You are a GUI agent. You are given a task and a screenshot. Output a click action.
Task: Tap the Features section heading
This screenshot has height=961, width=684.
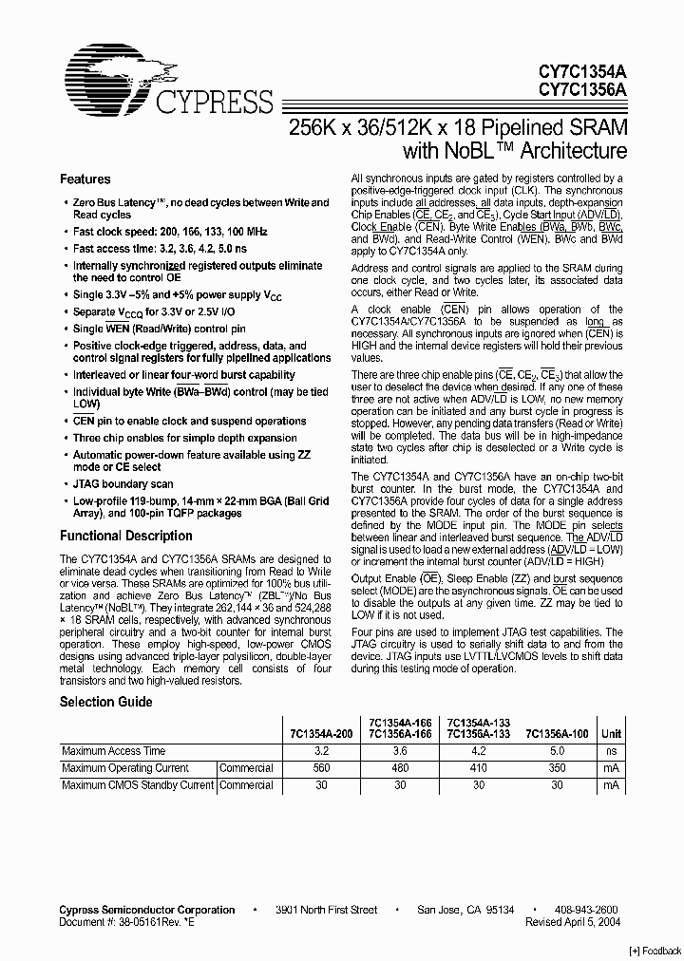[85, 179]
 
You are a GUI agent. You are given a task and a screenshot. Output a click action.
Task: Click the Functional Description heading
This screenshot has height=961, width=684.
[126, 536]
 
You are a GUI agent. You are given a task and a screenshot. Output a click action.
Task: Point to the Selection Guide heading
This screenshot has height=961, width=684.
[106, 703]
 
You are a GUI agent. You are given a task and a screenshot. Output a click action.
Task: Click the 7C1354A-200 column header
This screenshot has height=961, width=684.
[318, 734]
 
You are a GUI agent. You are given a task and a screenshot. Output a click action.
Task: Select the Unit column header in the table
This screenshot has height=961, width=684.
[611, 734]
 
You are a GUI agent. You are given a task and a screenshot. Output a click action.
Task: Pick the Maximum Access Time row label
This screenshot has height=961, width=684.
[114, 751]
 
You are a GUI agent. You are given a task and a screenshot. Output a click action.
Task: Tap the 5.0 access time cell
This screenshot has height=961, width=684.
[557, 751]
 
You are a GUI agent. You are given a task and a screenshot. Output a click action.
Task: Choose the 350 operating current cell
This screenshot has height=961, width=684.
[557, 768]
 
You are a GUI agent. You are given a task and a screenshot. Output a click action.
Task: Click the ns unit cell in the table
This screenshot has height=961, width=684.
[611, 751]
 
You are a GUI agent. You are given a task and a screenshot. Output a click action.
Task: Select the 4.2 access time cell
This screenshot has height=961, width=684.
[479, 751]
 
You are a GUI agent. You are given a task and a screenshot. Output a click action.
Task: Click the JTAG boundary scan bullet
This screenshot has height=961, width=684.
[123, 484]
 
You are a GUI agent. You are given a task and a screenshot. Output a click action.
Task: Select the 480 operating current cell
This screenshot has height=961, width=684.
[399, 768]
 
